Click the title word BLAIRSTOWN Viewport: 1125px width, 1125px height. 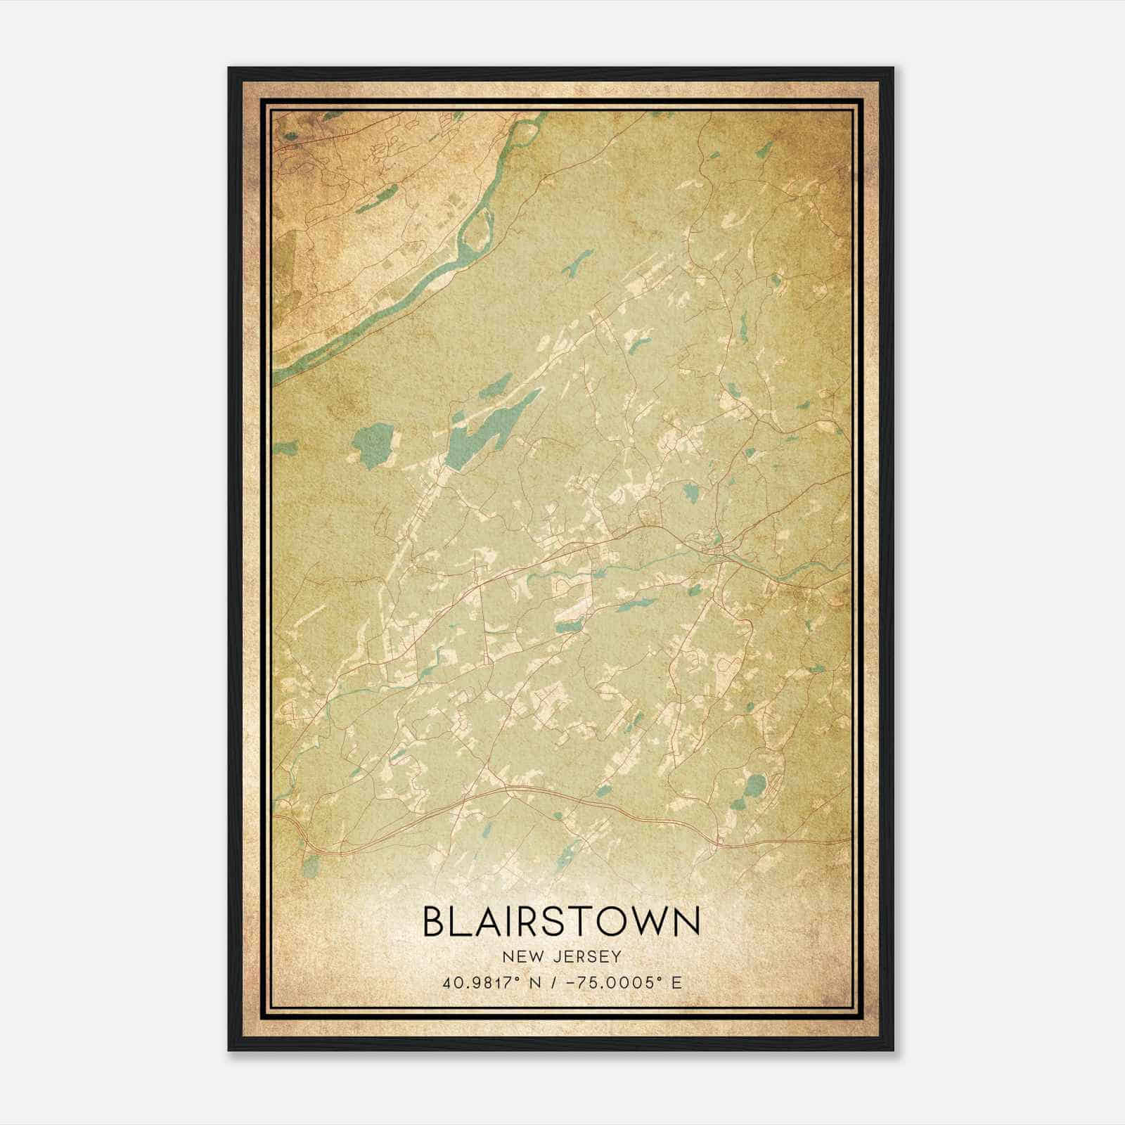(562, 922)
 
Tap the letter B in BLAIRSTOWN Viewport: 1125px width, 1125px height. (435, 922)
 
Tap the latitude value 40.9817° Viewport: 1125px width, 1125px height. (475, 982)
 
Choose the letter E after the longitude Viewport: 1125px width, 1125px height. (676, 982)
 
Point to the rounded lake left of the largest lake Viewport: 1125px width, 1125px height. (372, 443)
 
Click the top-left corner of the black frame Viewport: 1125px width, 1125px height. (229, 68)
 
